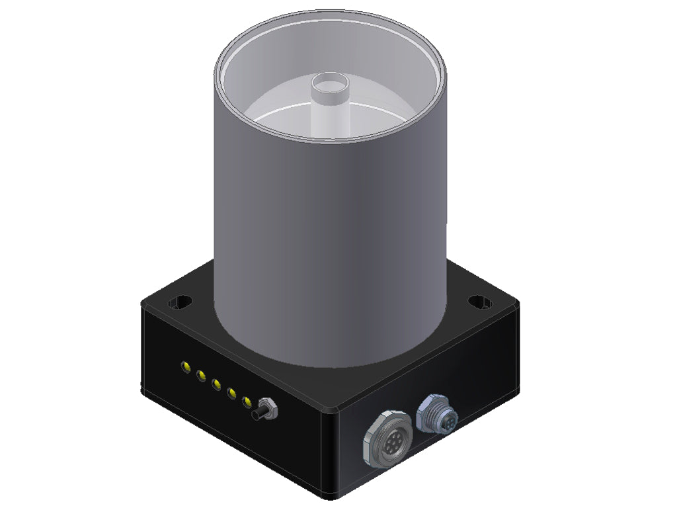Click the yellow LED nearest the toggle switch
(247, 402)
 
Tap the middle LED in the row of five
(216, 384)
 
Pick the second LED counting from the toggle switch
(231, 393)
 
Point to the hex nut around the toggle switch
(268, 407)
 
